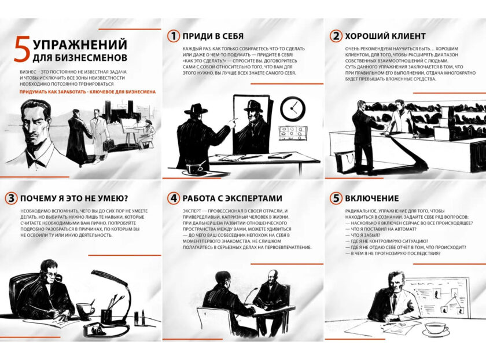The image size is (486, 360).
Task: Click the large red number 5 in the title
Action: pos(22,49)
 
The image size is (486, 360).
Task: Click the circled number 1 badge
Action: pos(174,36)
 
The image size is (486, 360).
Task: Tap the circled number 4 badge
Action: pos(174,198)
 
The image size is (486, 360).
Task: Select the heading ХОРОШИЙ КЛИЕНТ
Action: pos(385,36)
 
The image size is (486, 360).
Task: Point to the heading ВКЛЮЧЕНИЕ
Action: pos(372,199)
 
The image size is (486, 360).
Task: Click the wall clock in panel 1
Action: pos(293,109)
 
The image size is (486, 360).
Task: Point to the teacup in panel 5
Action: pos(436,328)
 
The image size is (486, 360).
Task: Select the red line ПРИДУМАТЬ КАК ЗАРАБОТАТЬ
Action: pos(88,92)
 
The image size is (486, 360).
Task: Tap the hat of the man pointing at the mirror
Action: pos(196,109)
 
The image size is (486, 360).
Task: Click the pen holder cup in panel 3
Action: pos(106,315)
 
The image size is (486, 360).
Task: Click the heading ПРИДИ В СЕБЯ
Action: pos(213,36)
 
